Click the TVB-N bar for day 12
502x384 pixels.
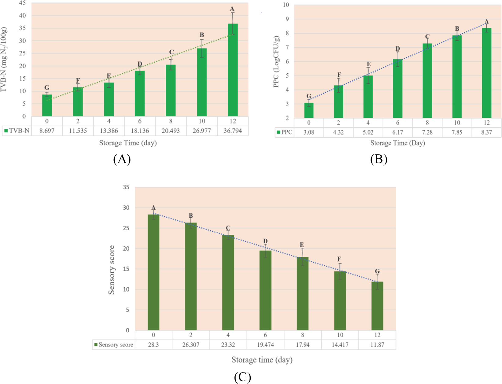233,70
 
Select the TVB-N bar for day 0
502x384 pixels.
47,105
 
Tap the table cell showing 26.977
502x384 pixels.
202,131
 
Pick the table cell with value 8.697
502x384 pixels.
47,131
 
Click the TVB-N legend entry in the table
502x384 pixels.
17,131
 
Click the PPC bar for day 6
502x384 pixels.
397,89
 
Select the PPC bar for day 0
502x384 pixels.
309,110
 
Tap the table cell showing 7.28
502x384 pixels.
427,132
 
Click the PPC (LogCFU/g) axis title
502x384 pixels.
276,61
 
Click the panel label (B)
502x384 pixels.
378,159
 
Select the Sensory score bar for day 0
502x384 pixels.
153,272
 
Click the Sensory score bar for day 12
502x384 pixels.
377,306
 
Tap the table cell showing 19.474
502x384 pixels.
265,345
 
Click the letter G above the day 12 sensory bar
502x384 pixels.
377,271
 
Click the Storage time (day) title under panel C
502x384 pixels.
262,360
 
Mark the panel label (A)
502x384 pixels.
122,159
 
